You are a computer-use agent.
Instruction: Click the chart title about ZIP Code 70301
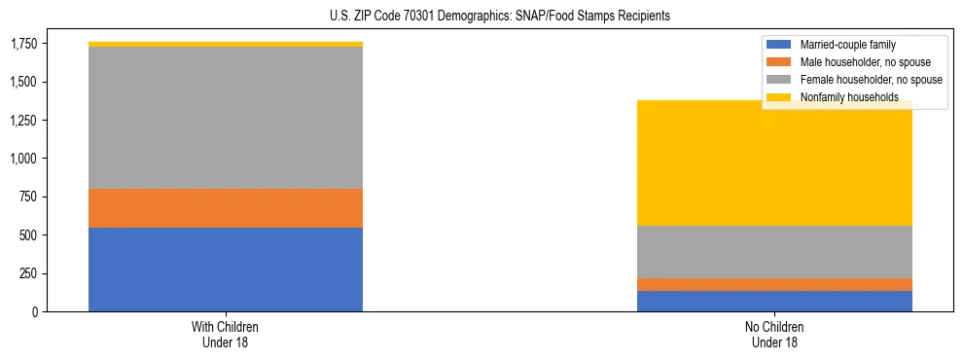[x=481, y=17]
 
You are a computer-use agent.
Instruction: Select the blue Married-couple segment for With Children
[x=226, y=270]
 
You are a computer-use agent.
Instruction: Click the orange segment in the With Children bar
[x=226, y=208]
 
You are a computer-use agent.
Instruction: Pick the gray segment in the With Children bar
[x=226, y=118]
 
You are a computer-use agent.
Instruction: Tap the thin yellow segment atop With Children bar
[x=226, y=44]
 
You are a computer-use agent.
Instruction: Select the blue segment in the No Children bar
[x=774, y=302]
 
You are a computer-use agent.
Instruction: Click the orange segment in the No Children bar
[x=774, y=284]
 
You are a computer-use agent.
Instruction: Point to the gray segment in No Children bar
[x=774, y=252]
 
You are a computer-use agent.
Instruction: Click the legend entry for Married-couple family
[x=847, y=45]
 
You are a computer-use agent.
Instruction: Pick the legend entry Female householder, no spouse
[x=870, y=80]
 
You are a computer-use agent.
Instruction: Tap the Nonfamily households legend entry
[x=848, y=97]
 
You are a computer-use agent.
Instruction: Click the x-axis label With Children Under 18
[x=226, y=335]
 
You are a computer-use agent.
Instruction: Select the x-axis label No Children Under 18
[x=774, y=335]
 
